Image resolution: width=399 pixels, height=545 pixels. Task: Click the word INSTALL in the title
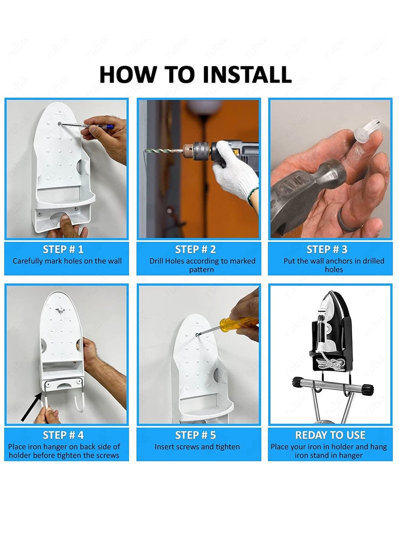(247, 74)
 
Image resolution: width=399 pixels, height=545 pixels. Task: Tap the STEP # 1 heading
(63, 249)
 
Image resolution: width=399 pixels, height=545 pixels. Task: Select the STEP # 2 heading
(196, 249)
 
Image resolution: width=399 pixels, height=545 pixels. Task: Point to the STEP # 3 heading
(327, 249)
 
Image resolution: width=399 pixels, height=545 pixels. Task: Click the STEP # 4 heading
(63, 435)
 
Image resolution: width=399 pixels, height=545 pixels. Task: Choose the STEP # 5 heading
(196, 435)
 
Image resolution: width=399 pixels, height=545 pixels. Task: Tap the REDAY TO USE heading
(330, 435)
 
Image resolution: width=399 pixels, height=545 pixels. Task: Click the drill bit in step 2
(164, 152)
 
